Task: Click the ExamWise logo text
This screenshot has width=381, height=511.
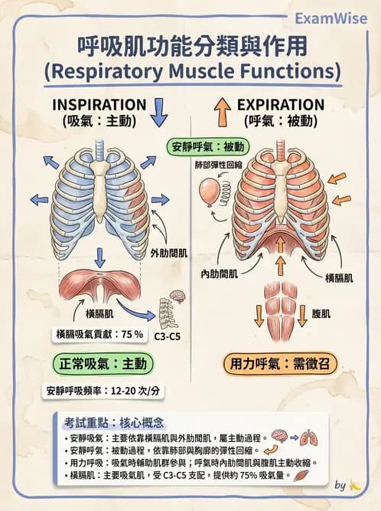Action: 331,18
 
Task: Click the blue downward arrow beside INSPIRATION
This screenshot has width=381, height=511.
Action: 159,113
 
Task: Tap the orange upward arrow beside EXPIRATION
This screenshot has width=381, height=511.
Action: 223,112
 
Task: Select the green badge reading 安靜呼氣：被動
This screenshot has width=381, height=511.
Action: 208,147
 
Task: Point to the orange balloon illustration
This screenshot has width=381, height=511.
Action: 209,192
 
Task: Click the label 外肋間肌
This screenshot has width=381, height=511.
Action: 169,253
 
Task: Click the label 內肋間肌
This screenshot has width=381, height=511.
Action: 220,274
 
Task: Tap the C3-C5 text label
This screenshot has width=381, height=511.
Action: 167,336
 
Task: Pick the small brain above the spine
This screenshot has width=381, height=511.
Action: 177,296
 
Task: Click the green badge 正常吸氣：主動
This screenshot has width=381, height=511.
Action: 103,363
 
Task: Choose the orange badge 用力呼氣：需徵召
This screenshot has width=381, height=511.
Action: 280,363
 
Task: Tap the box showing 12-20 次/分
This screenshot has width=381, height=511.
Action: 103,391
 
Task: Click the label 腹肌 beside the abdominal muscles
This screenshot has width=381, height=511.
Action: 321,314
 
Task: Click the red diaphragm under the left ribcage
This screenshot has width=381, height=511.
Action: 99,284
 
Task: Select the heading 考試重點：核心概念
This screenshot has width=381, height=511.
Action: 114,423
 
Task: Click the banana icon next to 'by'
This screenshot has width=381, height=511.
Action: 355,485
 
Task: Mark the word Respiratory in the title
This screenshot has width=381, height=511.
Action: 106,71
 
